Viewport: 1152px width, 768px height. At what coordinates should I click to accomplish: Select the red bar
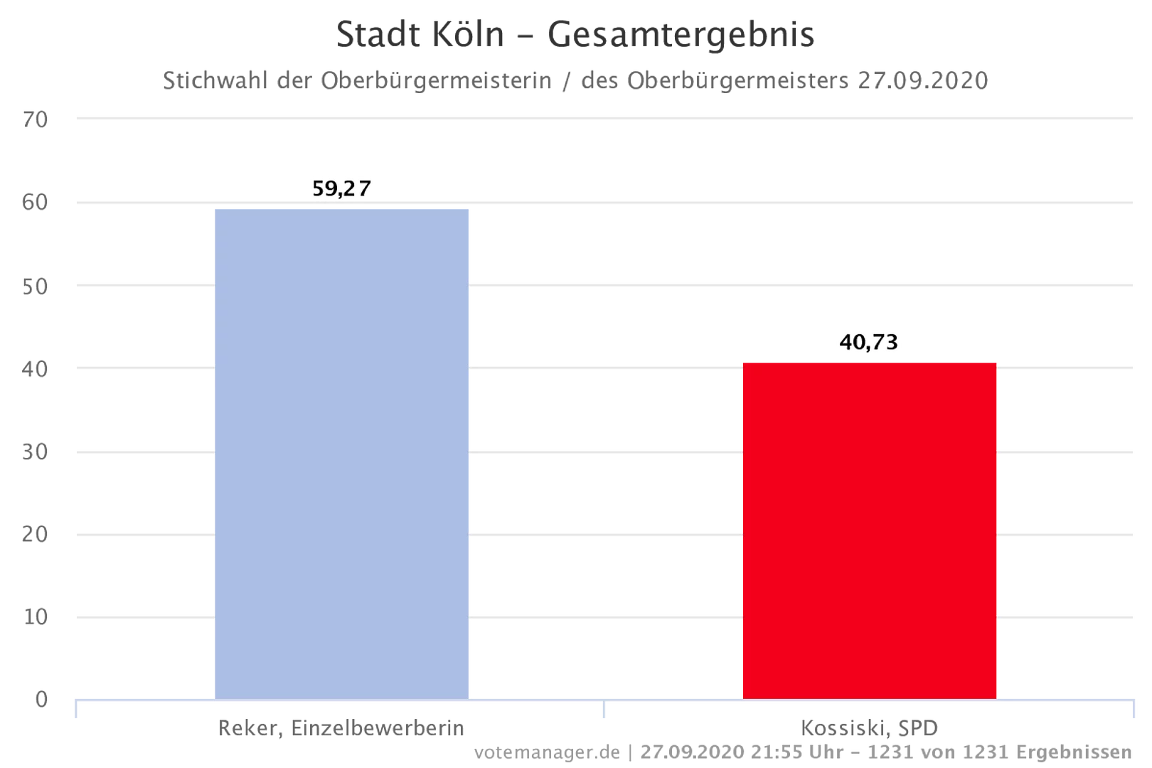pyautogui.click(x=870, y=529)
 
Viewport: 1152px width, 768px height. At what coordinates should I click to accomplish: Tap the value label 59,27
pyautogui.click(x=341, y=188)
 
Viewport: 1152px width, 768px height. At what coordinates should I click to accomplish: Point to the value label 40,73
pyautogui.click(x=869, y=343)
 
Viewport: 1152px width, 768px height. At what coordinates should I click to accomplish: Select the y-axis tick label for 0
pyautogui.click(x=40, y=698)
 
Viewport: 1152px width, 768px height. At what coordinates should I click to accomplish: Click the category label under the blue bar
pyautogui.click(x=341, y=728)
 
